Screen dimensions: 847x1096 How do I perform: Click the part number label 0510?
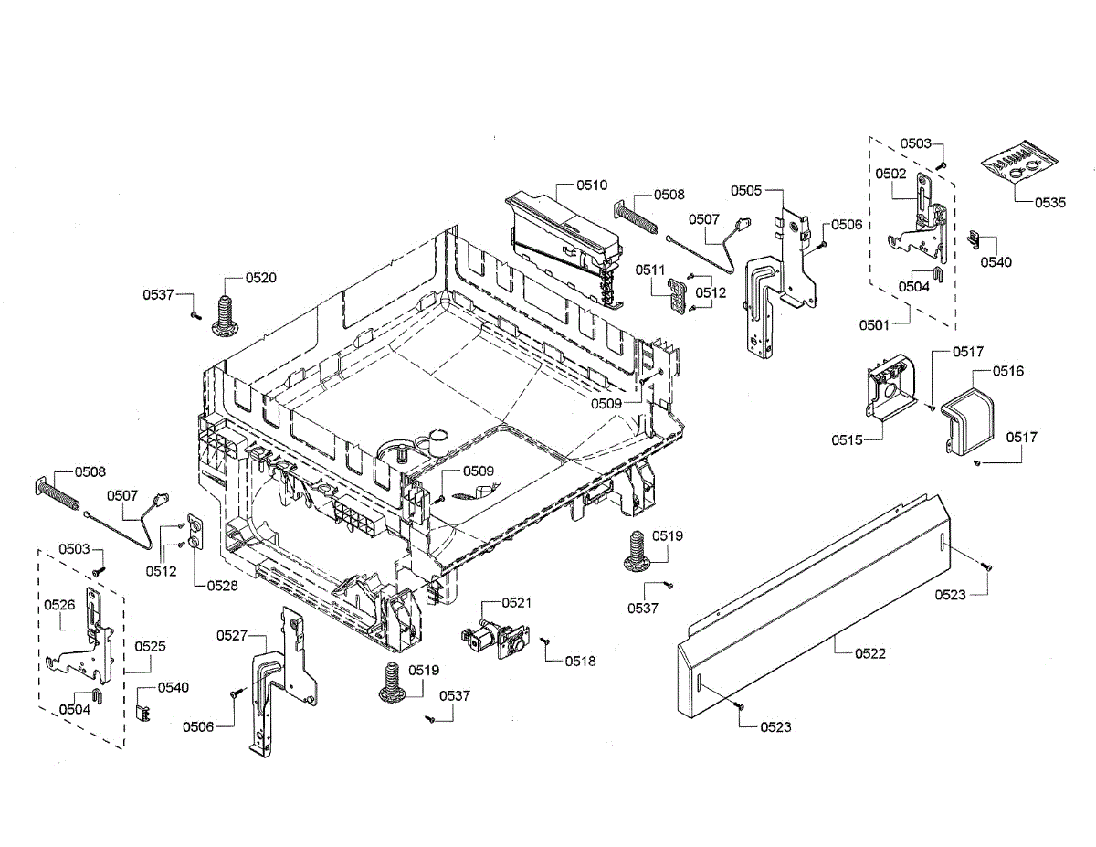[x=592, y=185]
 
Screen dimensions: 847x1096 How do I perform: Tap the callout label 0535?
[x=1049, y=203]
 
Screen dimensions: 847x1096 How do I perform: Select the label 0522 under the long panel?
[x=869, y=653]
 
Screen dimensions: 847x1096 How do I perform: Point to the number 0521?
[x=516, y=603]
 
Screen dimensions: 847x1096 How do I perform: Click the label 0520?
[x=260, y=277]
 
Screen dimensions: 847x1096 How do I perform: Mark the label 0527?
[x=233, y=634]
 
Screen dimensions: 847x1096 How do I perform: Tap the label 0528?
[x=222, y=586]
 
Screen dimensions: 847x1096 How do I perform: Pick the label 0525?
[x=151, y=645]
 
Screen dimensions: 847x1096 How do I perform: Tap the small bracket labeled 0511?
[x=677, y=294]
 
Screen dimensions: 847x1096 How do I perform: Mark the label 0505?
[x=745, y=191]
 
